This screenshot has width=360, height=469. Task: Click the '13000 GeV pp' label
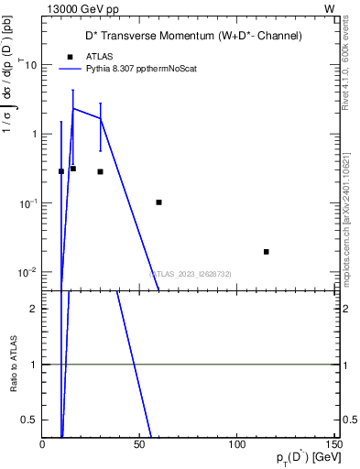pos(78,8)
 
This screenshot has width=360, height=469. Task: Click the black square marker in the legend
pos(71,56)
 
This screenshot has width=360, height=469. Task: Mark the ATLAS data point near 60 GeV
pos(159,202)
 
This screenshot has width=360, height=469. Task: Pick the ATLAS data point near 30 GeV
pos(101,171)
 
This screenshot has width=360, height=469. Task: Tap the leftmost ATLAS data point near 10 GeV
pos(61,171)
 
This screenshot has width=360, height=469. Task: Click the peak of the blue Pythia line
pos(73,108)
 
